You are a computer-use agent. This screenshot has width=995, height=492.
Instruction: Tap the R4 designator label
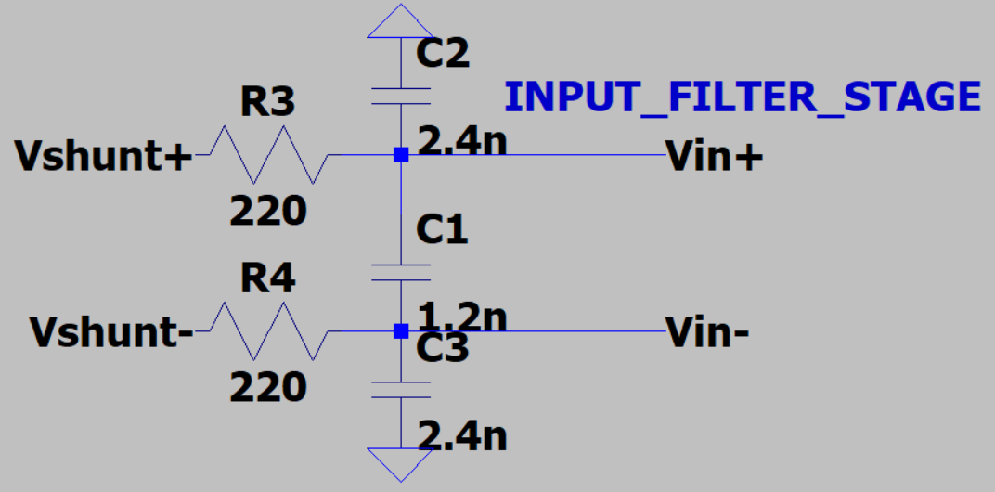click(267, 278)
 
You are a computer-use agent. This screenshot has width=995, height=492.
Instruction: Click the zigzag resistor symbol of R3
click(267, 155)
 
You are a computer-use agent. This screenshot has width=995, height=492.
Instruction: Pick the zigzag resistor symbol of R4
click(267, 330)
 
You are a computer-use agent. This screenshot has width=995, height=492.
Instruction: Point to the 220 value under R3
click(268, 213)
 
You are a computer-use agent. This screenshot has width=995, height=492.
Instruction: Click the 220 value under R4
click(268, 385)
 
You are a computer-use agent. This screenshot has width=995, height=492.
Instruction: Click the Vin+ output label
click(715, 158)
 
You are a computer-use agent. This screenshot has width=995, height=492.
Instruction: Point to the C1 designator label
click(442, 229)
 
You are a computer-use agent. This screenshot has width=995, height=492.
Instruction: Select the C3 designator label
click(443, 350)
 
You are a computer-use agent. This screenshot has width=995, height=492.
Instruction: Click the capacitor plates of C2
click(400, 96)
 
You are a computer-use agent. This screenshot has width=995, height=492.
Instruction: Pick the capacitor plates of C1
click(400, 271)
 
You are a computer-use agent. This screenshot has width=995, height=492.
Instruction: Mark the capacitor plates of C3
click(400, 390)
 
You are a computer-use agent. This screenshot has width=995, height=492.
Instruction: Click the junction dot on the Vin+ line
click(400, 155)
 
